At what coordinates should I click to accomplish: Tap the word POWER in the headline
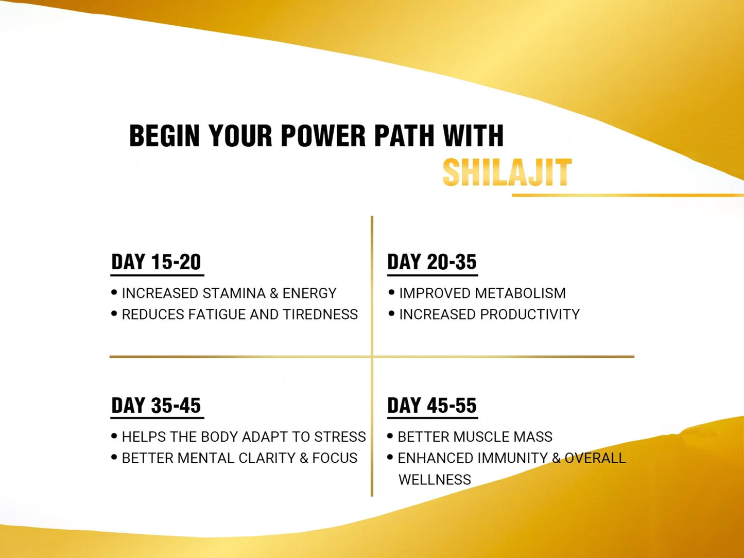click(323, 135)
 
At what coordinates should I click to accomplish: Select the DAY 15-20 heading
click(156, 262)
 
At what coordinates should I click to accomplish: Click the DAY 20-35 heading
click(432, 262)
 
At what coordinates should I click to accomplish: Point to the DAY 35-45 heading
click(156, 405)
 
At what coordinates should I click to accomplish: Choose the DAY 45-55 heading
click(432, 405)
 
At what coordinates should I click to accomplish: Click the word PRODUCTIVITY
click(530, 315)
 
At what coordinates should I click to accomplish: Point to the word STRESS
click(340, 437)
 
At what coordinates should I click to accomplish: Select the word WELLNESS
click(435, 480)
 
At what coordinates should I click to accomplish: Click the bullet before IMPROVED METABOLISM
click(391, 292)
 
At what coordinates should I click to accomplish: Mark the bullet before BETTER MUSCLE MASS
click(390, 436)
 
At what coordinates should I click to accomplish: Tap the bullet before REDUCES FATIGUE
click(114, 313)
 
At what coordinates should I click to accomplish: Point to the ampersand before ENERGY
click(274, 293)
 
